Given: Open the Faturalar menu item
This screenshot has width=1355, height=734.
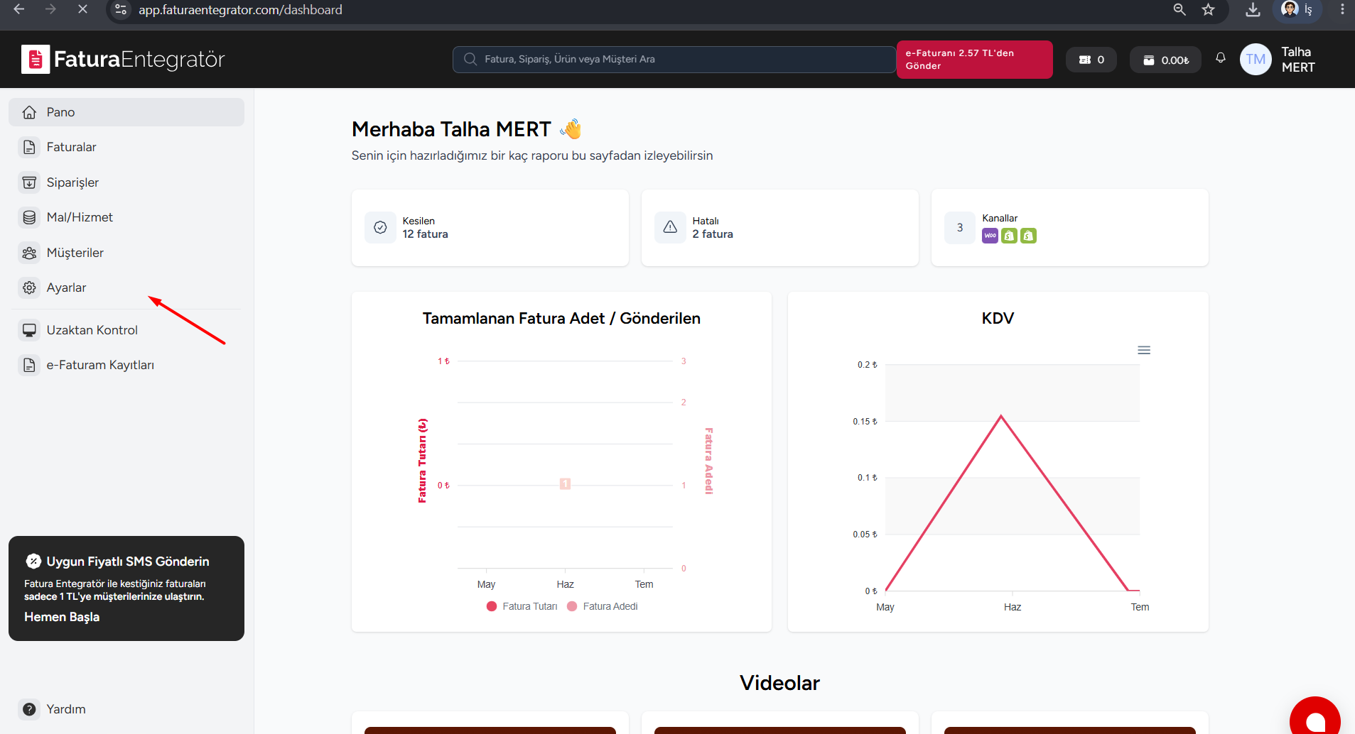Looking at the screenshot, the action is point(71,147).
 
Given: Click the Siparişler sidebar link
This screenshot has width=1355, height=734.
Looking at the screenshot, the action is point(72,182).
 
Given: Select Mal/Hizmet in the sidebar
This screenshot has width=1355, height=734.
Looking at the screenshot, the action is point(80,217).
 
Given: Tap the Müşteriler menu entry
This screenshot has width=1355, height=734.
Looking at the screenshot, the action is point(75,253).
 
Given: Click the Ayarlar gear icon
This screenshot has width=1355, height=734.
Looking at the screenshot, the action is point(29,287).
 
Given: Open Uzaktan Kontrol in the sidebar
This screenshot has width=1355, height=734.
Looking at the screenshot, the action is point(92,330).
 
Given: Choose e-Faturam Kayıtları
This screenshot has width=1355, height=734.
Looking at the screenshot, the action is point(100,365).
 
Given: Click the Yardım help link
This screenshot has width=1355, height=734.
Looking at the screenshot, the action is point(65,709).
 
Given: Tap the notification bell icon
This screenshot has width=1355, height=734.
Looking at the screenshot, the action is point(1221,58).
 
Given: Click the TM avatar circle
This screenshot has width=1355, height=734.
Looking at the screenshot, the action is point(1256,60).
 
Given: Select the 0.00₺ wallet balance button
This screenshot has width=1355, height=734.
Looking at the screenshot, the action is point(1165,60).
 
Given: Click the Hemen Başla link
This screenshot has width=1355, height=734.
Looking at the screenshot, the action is point(62,617).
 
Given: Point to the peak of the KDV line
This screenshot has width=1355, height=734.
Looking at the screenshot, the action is point(1001,416).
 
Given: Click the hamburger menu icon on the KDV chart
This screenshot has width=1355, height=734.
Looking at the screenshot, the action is point(1144,350).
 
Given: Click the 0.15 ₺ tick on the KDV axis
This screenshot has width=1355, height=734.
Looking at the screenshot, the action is point(865,422).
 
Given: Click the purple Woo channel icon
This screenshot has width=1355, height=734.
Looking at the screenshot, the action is point(990,236).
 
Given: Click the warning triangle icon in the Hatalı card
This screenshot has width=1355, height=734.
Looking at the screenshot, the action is point(670,227).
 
